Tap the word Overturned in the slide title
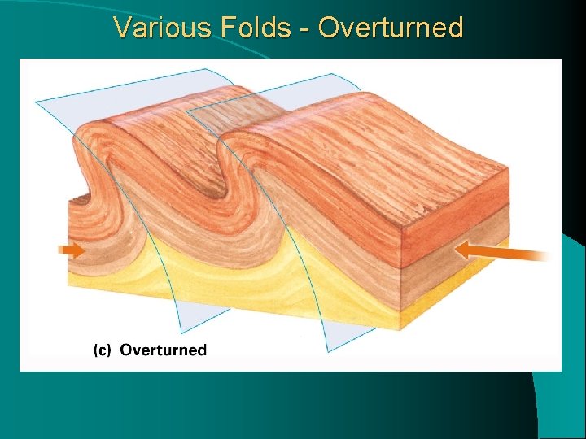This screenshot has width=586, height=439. point(391,28)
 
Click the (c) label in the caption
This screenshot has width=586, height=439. point(103,350)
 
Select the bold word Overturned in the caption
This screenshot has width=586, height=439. point(164,350)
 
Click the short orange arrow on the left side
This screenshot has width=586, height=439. point(73,250)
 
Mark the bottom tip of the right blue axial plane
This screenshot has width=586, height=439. point(327,351)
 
